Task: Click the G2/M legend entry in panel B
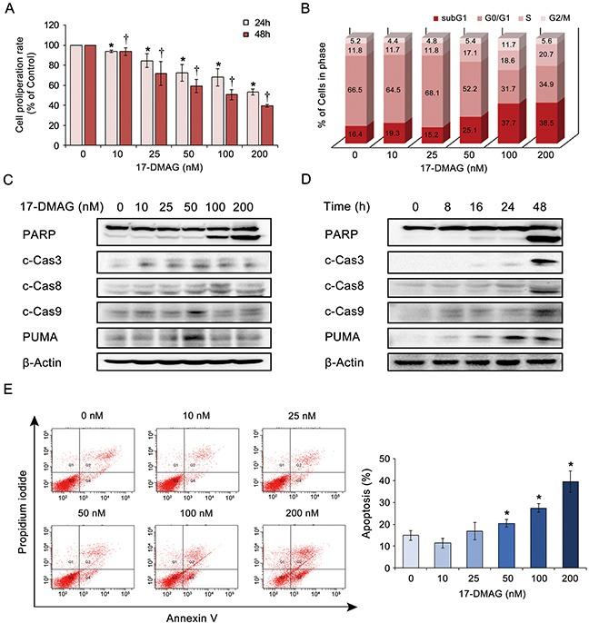pyautogui.click(x=562, y=16)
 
